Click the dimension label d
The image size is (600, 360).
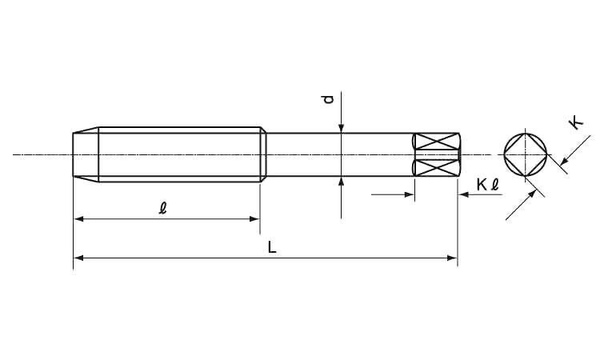click(328, 99)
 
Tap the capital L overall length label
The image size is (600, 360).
click(272, 247)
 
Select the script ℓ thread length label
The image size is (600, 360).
click(163, 208)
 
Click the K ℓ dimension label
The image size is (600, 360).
click(488, 185)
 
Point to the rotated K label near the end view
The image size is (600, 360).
click(576, 123)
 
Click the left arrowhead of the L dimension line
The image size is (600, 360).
click(78, 258)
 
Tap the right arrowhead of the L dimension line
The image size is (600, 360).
click(452, 258)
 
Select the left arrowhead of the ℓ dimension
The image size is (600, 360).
click(78, 219)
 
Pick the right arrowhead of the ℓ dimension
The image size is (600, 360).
click(255, 219)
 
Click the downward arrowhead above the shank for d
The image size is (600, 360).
click(342, 128)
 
